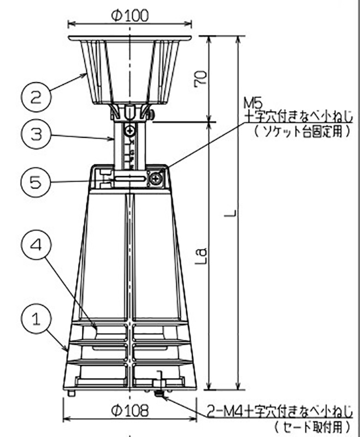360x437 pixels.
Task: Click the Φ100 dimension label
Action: click(x=130, y=15)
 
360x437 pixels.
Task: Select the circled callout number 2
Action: click(x=34, y=98)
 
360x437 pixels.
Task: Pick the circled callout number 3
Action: click(x=34, y=133)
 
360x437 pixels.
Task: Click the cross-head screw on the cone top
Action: click(x=156, y=178)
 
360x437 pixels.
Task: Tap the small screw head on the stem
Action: click(x=129, y=132)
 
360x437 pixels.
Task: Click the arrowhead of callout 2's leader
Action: click(x=84, y=74)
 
